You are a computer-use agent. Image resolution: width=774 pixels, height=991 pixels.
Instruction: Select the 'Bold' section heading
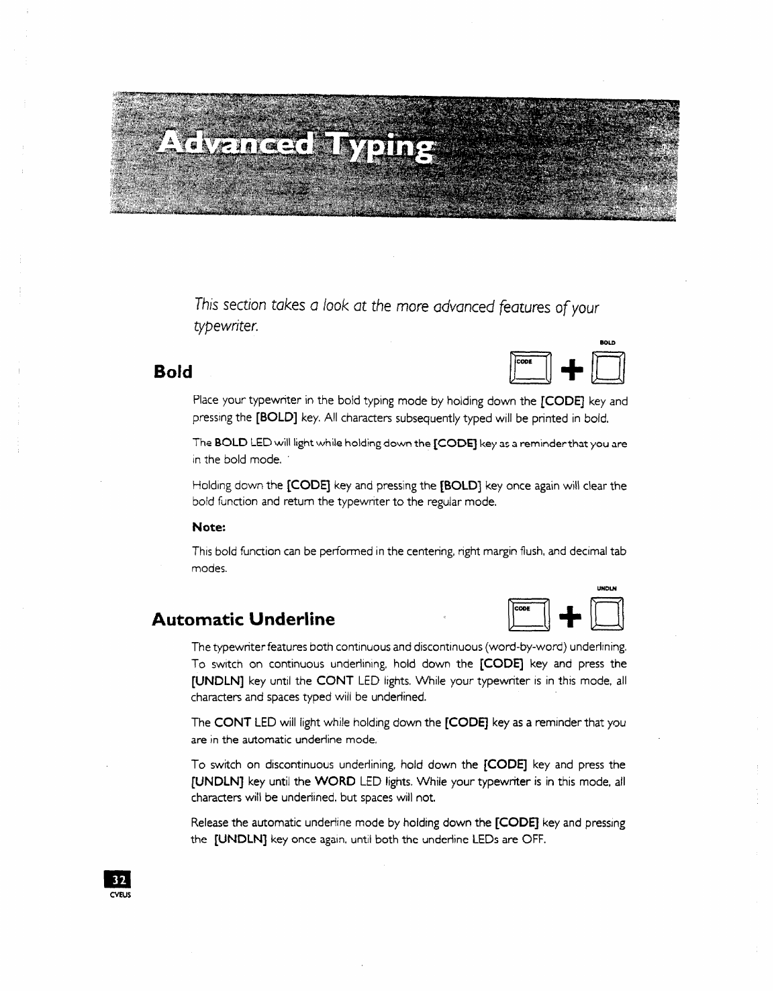click(x=173, y=372)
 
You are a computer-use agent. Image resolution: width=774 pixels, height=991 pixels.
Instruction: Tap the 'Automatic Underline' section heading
click(x=243, y=619)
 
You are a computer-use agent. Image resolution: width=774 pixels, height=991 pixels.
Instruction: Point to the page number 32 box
click(x=118, y=880)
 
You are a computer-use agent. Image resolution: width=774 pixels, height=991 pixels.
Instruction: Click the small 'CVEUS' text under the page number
click(x=119, y=894)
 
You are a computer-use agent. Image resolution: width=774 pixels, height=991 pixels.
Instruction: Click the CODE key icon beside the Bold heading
click(x=530, y=370)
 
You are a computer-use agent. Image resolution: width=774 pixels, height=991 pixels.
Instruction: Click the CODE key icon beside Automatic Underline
click(x=530, y=617)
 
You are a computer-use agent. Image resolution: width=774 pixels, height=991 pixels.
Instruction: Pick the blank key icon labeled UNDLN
click(x=608, y=617)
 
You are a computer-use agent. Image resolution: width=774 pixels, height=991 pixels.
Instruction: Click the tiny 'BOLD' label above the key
click(x=608, y=343)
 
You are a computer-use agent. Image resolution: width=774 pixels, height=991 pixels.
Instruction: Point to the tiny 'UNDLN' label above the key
click(x=607, y=589)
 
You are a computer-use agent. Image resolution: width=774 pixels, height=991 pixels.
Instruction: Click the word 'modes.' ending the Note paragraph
click(x=209, y=569)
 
